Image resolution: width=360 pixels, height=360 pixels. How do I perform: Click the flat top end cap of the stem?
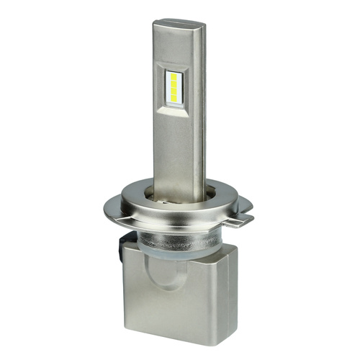(x=177, y=24)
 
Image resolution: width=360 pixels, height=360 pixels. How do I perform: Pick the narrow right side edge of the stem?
(x=201, y=108)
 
